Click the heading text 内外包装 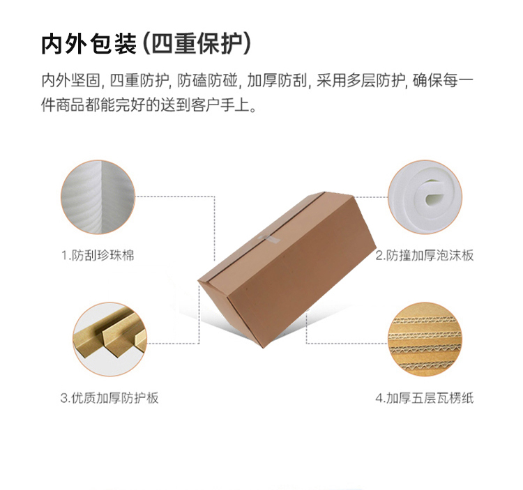pos(89,44)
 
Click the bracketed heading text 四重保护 pos(197,44)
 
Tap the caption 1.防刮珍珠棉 pos(98,256)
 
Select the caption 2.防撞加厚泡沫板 pos(424,256)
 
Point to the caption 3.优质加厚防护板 pos(109,398)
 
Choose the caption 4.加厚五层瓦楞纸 pos(424,398)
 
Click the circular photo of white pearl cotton pos(98,197)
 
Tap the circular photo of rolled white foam pos(425,197)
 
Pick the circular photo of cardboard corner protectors pos(109,339)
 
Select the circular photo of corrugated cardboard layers pos(425,339)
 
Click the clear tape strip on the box pos(269,239)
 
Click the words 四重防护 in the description pos(139,80)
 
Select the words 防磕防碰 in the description pos(207,80)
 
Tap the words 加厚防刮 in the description pos(277,80)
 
